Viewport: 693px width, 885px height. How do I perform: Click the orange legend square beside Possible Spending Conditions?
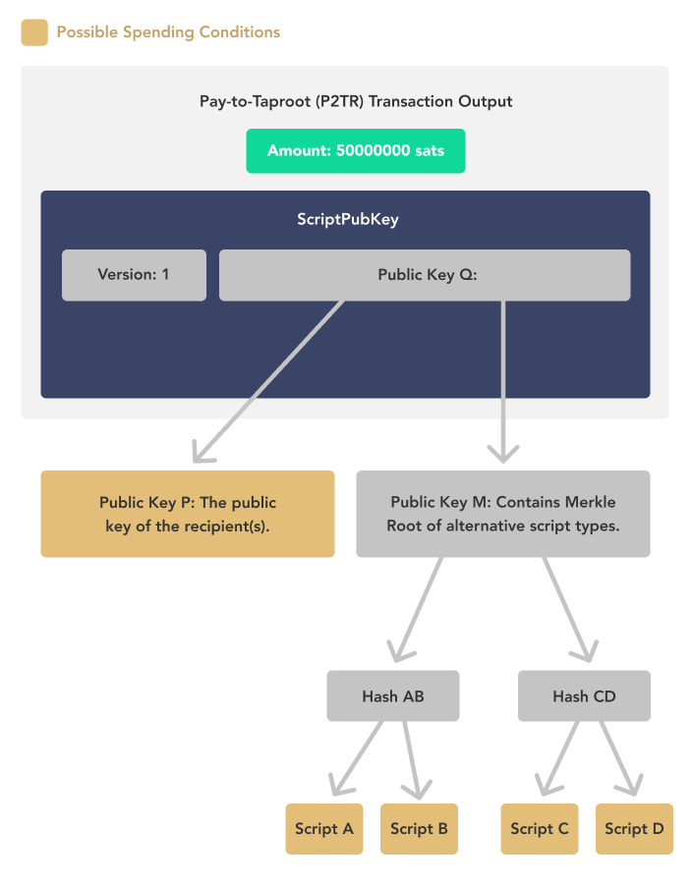tap(34, 32)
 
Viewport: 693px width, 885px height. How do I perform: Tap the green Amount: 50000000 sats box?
tap(355, 151)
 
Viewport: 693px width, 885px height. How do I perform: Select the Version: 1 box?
tap(134, 274)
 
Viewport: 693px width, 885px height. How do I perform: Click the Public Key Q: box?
tap(424, 274)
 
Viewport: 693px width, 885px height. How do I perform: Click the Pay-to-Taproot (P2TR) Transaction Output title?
tap(355, 101)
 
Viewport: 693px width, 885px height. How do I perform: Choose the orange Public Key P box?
tap(187, 514)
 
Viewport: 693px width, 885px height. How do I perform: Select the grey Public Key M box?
tap(502, 514)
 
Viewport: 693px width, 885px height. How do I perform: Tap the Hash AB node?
tap(393, 696)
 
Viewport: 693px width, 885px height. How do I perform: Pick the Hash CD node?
tap(584, 696)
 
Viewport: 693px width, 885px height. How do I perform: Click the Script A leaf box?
tap(324, 828)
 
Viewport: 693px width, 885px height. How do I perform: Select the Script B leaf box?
tap(419, 828)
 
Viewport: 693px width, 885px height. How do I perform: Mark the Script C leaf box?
tap(540, 828)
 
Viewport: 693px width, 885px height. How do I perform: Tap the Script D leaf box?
tap(634, 828)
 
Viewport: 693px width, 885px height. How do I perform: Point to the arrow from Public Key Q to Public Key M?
tap(503, 383)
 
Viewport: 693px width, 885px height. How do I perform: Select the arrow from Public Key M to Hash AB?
tap(418, 609)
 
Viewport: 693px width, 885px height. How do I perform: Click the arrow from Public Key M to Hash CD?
tap(568, 609)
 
